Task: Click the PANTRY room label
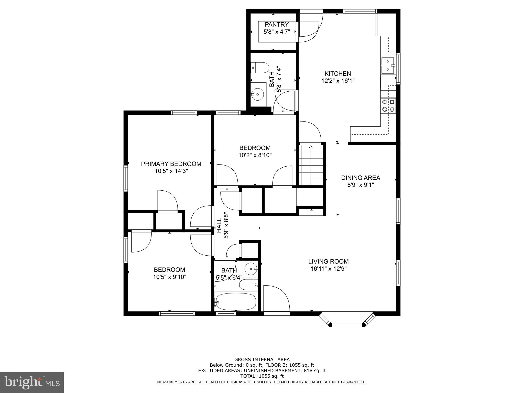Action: (x=276, y=25)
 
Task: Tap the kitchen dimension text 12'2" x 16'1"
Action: (x=338, y=81)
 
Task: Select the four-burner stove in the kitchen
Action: (x=388, y=106)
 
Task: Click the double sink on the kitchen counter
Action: (x=388, y=65)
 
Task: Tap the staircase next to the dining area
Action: (x=311, y=165)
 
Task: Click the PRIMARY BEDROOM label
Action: (x=171, y=164)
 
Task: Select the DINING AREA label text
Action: (x=361, y=178)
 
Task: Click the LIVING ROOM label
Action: (x=328, y=261)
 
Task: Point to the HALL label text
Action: (x=219, y=225)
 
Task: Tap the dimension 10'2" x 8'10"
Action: (x=255, y=155)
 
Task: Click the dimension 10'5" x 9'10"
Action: (x=170, y=277)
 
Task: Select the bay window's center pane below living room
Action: (x=347, y=325)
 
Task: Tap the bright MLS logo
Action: (x=32, y=382)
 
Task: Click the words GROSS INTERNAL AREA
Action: (x=262, y=359)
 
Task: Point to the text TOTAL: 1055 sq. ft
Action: (x=262, y=376)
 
